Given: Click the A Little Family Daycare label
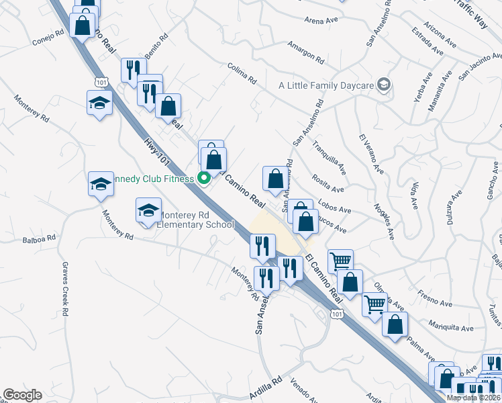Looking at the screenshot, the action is [326, 85].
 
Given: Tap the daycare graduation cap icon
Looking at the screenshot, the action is [383, 85].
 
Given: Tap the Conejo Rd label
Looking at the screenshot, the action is [48, 37].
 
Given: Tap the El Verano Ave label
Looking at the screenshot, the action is [371, 154].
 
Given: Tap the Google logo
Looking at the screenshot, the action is [22, 395].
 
